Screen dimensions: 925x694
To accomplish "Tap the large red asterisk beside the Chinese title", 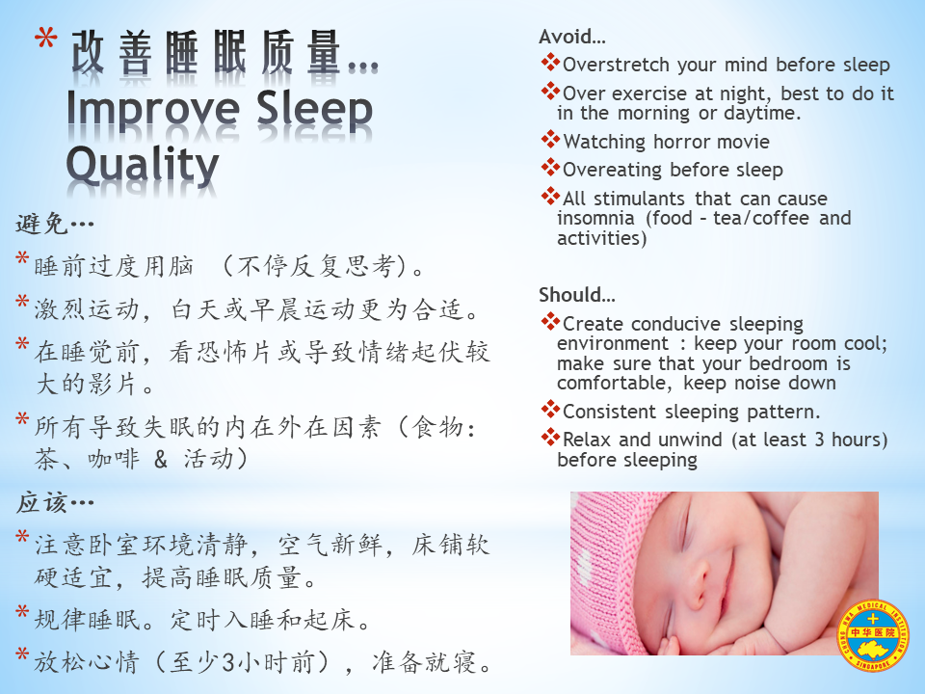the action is (46, 40).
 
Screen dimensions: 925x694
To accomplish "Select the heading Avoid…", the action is (571, 37).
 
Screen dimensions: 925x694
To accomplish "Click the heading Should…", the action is (576, 295).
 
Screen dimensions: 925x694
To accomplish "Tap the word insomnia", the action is (595, 219).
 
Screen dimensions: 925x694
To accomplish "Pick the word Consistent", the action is (609, 412).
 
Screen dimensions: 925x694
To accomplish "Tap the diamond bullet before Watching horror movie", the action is (550, 139).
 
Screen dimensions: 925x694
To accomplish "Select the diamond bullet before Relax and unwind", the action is (550, 438).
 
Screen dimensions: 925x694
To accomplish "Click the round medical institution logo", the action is (873, 635).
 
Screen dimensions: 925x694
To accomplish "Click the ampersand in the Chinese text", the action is (161, 459).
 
